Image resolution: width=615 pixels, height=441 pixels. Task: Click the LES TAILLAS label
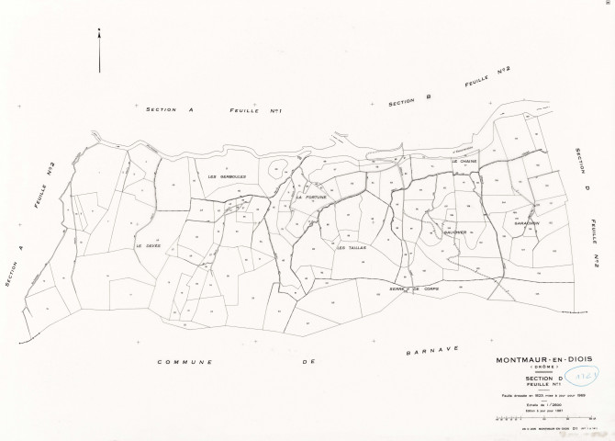(x=352, y=247)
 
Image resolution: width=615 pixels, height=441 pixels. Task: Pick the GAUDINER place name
(x=455, y=232)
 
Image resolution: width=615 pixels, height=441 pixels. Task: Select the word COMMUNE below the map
(x=184, y=362)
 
